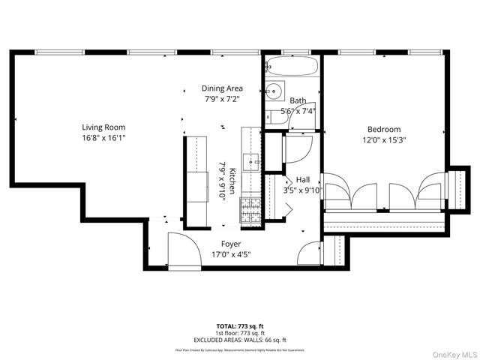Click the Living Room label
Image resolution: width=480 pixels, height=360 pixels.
[x=104, y=127]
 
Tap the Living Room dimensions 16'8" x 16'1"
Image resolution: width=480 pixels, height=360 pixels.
[x=104, y=138]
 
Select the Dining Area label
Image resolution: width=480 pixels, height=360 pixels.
[x=223, y=88]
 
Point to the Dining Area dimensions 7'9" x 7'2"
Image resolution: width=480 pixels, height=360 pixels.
[x=223, y=99]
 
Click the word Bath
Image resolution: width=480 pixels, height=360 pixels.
[x=298, y=100]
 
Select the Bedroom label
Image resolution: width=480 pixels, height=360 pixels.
[x=383, y=129]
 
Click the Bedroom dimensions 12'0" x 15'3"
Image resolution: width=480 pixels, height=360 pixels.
[x=383, y=140]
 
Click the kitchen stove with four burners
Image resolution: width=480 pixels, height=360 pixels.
[x=250, y=210]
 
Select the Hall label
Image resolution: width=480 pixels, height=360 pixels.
[x=303, y=180]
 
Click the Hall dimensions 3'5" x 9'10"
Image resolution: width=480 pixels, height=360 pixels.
[x=303, y=190]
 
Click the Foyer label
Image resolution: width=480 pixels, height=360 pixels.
[x=230, y=244]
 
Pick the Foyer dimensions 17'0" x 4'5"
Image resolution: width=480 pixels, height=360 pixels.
[x=230, y=254]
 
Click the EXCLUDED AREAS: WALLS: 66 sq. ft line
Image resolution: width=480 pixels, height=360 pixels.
[x=240, y=340]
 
